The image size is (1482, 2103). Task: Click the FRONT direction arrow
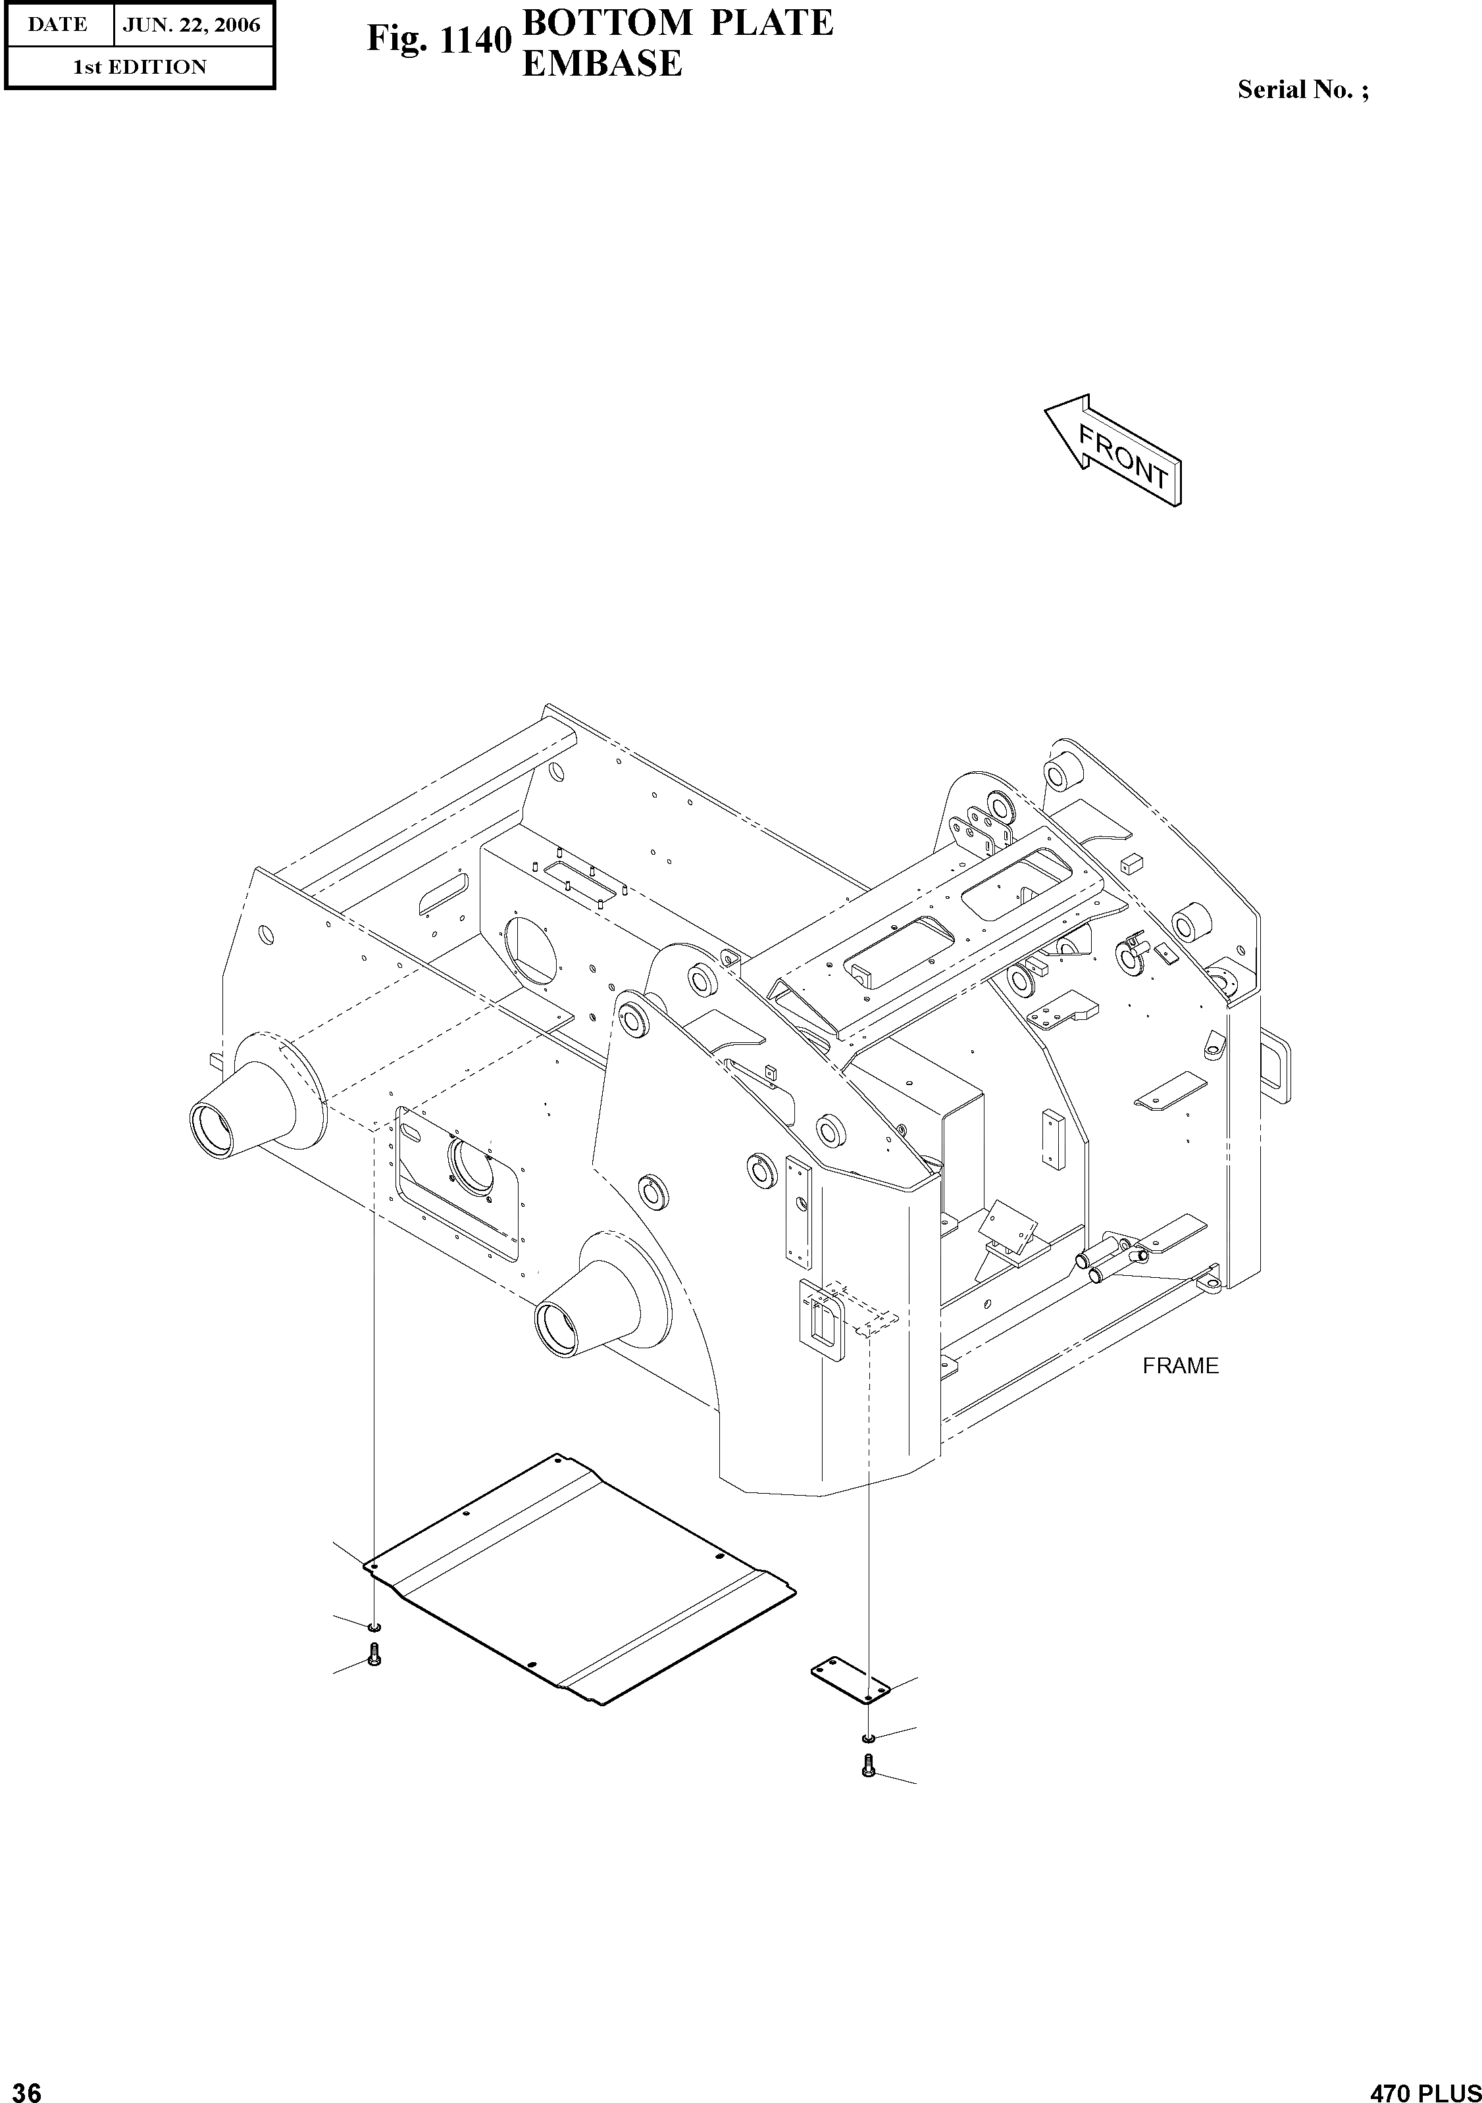coord(1113,451)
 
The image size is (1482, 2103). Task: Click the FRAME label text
coord(1180,1365)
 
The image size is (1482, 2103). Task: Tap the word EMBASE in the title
coord(601,64)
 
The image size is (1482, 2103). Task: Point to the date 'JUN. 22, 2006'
coord(192,25)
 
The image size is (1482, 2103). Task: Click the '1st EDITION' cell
coord(140,67)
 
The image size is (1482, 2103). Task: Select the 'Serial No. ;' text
coord(1302,89)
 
